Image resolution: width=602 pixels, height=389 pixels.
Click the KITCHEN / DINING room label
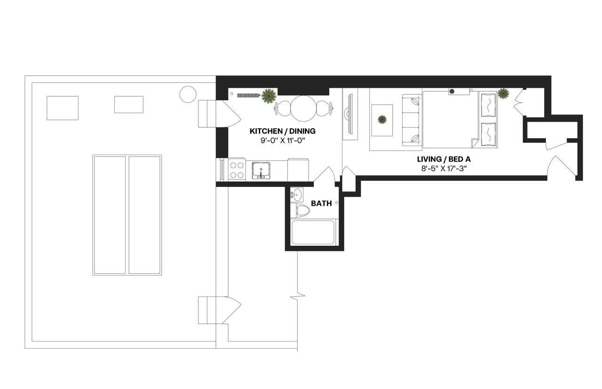(x=282, y=131)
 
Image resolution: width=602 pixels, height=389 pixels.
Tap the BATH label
(x=321, y=203)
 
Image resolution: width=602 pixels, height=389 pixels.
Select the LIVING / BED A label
(x=444, y=159)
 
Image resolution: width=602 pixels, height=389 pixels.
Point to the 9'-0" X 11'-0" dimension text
(x=282, y=140)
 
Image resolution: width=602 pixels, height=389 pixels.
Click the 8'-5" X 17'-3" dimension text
(x=444, y=168)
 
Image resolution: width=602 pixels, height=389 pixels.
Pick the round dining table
(x=303, y=108)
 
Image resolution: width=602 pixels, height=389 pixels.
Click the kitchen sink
(x=260, y=170)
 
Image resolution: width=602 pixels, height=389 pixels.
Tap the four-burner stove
(x=237, y=170)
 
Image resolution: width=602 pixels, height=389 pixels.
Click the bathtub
(x=313, y=233)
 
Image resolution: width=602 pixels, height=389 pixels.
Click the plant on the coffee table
(x=382, y=120)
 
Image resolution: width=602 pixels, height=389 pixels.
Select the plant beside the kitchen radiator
(x=269, y=96)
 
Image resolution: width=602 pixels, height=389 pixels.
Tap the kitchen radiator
(x=248, y=95)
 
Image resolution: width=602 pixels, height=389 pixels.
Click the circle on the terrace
(x=187, y=94)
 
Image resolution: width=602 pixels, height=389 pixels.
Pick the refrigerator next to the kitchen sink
(x=298, y=170)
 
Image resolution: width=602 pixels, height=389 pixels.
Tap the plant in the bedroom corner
(x=503, y=93)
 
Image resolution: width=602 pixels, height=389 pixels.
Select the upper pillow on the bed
(x=488, y=106)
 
